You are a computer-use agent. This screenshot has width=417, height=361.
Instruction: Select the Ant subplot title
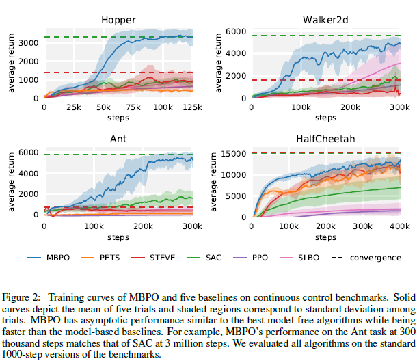point(118,139)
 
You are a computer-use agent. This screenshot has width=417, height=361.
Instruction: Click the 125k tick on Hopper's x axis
point(192,107)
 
